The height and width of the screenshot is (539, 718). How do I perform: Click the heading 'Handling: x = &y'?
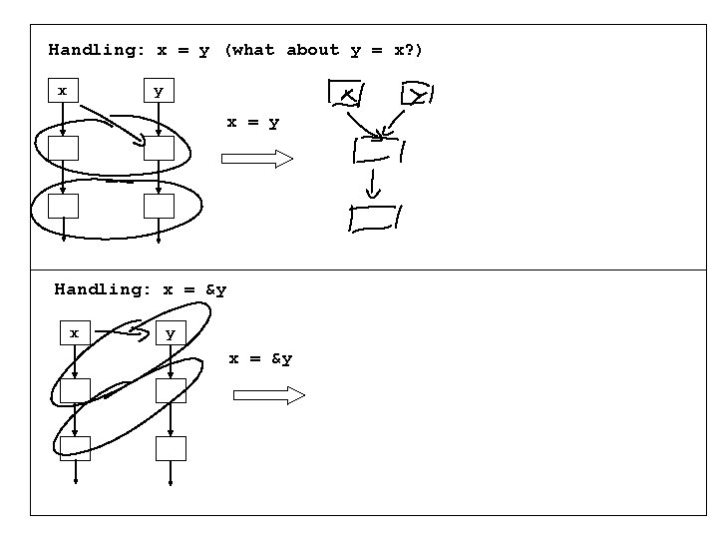[141, 289]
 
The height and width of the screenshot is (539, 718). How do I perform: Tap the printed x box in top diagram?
[63, 91]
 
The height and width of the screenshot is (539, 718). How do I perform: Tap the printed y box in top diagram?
[158, 91]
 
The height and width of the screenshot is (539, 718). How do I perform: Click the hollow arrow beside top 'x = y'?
[256, 159]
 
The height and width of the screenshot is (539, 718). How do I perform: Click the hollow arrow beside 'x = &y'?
[268, 396]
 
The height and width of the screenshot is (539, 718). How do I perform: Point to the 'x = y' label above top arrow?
[252, 123]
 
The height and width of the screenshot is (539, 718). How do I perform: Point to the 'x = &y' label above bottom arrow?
[260, 358]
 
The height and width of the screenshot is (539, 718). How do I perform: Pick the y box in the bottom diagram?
[171, 332]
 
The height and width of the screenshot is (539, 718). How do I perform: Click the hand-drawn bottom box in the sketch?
[374, 218]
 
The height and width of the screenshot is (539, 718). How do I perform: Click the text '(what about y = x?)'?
[323, 50]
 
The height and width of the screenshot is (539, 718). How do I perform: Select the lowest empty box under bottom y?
[171, 448]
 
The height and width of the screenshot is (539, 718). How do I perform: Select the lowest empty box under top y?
[159, 207]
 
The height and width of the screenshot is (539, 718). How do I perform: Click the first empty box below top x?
[63, 149]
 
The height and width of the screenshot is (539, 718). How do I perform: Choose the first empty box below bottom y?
[171, 390]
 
